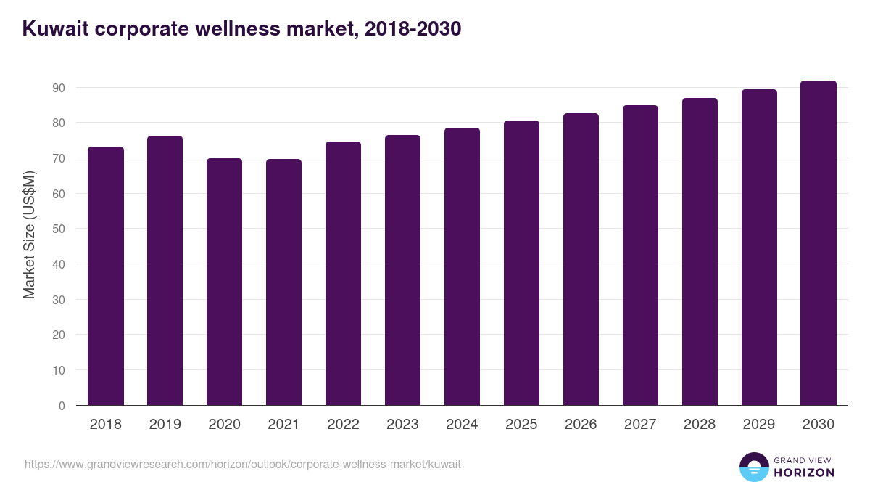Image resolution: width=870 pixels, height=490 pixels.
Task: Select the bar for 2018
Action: pyautogui.click(x=106, y=276)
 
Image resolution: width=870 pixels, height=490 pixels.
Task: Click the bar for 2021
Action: pyautogui.click(x=283, y=282)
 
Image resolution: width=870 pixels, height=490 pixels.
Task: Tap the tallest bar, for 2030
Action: pyautogui.click(x=819, y=243)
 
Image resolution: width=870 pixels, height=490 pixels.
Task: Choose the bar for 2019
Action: pyautogui.click(x=165, y=271)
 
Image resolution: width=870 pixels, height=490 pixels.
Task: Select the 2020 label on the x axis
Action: pyautogui.click(x=224, y=425)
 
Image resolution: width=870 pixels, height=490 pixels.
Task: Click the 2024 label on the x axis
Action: pyautogui.click(x=462, y=425)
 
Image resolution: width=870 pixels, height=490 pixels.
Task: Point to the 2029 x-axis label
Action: pyautogui.click(x=759, y=425)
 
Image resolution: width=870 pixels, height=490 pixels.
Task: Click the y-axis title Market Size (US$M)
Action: pyautogui.click(x=29, y=234)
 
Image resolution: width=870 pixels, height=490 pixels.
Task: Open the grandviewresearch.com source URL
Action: pyautogui.click(x=243, y=464)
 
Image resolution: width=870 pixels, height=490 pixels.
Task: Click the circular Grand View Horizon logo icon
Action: pyautogui.click(x=753, y=467)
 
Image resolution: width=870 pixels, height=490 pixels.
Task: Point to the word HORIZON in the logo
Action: pyautogui.click(x=804, y=473)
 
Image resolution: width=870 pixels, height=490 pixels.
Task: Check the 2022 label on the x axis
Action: pyautogui.click(x=343, y=425)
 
